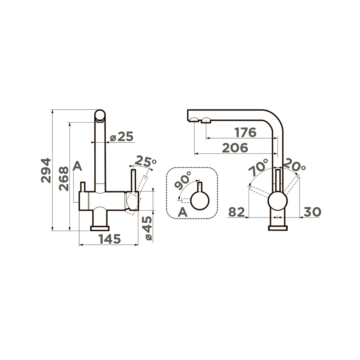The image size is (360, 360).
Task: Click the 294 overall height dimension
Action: (46, 170)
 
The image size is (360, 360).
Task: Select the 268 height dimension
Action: (64, 179)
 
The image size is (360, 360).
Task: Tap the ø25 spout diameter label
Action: (121, 137)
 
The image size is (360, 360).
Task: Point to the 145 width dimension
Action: (110, 239)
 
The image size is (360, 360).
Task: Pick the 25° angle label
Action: (145, 161)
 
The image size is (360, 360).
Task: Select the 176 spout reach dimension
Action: (246, 132)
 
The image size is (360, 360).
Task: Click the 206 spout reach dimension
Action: (235, 148)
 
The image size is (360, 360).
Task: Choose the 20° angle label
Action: (294, 166)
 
